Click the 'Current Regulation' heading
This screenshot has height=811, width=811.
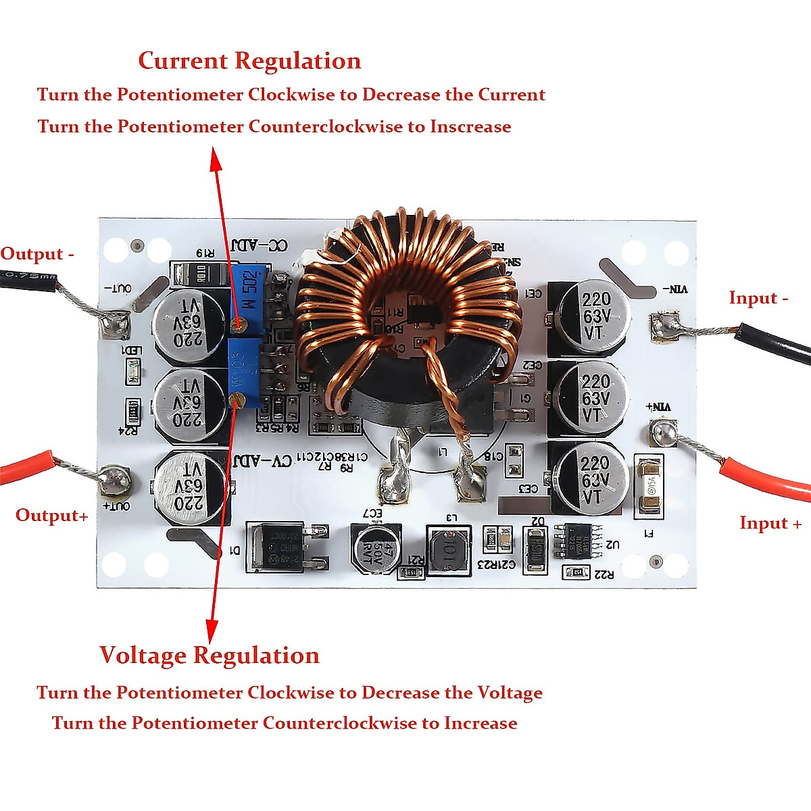249,61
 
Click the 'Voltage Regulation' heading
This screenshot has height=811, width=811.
210,655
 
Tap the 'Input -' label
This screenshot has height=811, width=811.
758,298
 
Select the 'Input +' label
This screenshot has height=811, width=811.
770,523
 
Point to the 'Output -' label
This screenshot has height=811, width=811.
37,254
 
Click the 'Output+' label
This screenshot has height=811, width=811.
52,515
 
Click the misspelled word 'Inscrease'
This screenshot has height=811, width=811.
470,126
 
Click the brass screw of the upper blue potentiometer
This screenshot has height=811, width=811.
237,324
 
